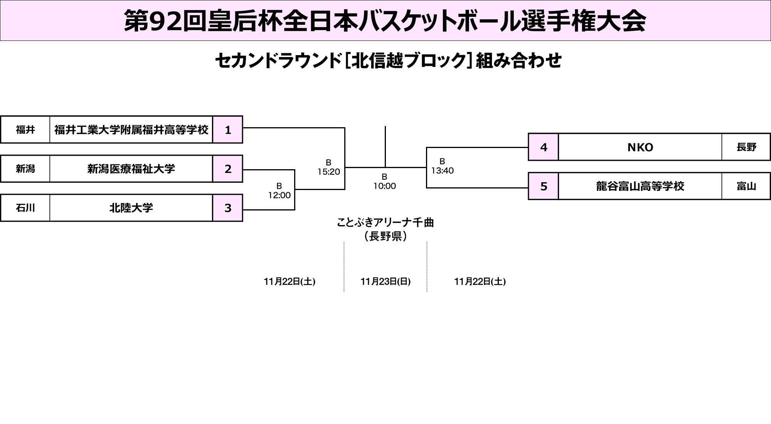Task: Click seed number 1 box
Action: pyautogui.click(x=227, y=130)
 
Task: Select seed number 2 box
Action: pyautogui.click(x=227, y=169)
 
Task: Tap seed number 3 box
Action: pyautogui.click(x=227, y=208)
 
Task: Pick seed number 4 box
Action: pyautogui.click(x=544, y=147)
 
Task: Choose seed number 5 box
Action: pyautogui.click(x=544, y=187)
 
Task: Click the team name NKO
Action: pyautogui.click(x=640, y=147)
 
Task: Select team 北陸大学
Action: pyautogui.click(x=131, y=208)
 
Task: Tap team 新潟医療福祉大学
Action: pyautogui.click(x=131, y=169)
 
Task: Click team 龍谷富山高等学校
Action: pyautogui.click(x=640, y=187)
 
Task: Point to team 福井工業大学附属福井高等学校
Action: pyautogui.click(x=131, y=130)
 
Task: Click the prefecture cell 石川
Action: pyautogui.click(x=25, y=208)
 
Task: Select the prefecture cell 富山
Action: pyautogui.click(x=746, y=187)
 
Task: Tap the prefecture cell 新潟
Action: pyautogui.click(x=25, y=169)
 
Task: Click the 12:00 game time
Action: pyautogui.click(x=279, y=195)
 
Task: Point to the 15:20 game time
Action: pyautogui.click(x=329, y=172)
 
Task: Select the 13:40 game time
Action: pyautogui.click(x=443, y=171)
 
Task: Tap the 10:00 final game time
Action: pyautogui.click(x=385, y=186)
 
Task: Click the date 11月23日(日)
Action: pyautogui.click(x=385, y=282)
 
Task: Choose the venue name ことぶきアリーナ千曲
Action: pyautogui.click(x=385, y=223)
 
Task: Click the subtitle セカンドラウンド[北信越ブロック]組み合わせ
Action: pyautogui.click(x=388, y=61)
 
